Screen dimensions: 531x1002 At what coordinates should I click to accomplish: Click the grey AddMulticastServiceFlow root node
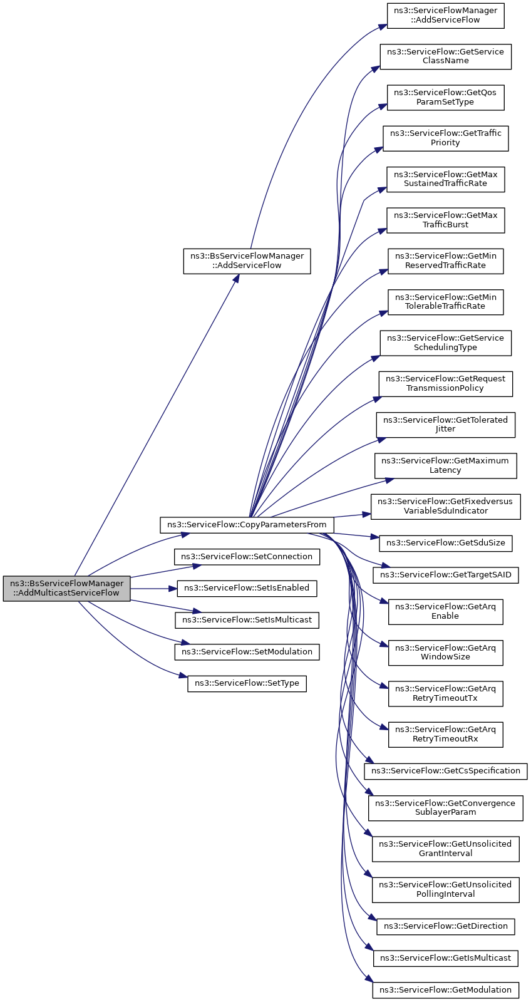coord(66,588)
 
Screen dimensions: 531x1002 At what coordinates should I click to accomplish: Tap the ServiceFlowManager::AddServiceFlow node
coord(446,16)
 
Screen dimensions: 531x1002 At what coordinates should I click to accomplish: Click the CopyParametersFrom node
coord(247,524)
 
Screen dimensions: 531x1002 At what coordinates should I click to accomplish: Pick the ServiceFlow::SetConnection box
coord(247,557)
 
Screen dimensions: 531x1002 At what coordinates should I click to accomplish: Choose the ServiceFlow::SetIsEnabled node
coord(247,588)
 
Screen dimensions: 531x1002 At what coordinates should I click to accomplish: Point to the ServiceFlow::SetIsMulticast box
coord(247,620)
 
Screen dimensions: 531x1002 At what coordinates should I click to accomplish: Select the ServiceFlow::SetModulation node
coord(247,652)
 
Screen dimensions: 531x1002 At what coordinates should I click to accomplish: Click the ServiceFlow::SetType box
coord(247,683)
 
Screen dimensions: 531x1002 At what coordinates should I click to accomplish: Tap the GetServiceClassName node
coord(446,56)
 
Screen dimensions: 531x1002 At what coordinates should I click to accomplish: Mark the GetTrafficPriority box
coord(446,138)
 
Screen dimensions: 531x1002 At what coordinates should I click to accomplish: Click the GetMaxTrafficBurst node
coord(446,220)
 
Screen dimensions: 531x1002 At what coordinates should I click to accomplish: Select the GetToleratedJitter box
coord(446,425)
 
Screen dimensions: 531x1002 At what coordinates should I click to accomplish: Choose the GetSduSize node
coord(446,542)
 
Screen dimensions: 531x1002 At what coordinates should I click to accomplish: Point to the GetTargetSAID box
coord(446,575)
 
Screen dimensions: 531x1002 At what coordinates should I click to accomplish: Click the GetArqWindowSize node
coord(446,653)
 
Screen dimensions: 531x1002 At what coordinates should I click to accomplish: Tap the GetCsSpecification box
coord(446,771)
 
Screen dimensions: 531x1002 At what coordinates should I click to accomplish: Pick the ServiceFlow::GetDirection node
coord(446,926)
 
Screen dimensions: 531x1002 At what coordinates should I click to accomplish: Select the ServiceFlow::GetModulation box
coord(446,990)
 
